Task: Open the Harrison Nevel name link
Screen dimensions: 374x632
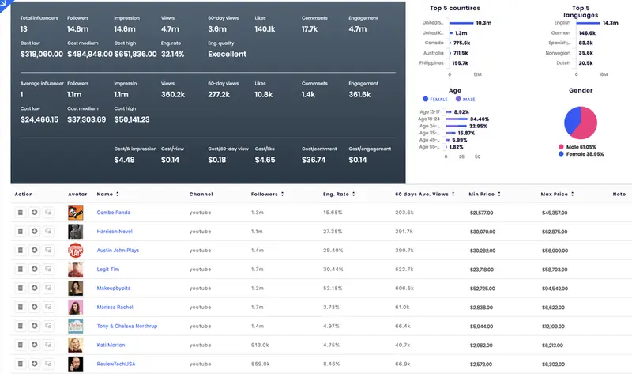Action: [114, 232]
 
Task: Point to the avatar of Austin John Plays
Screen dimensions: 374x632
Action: [75, 250]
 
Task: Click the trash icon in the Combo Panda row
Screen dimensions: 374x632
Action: [20, 213]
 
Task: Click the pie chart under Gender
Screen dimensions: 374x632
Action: [581, 120]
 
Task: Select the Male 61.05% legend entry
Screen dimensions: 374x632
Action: [582, 147]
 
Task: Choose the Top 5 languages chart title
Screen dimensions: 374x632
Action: [581, 11]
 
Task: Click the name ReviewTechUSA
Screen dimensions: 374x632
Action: [116, 364]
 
